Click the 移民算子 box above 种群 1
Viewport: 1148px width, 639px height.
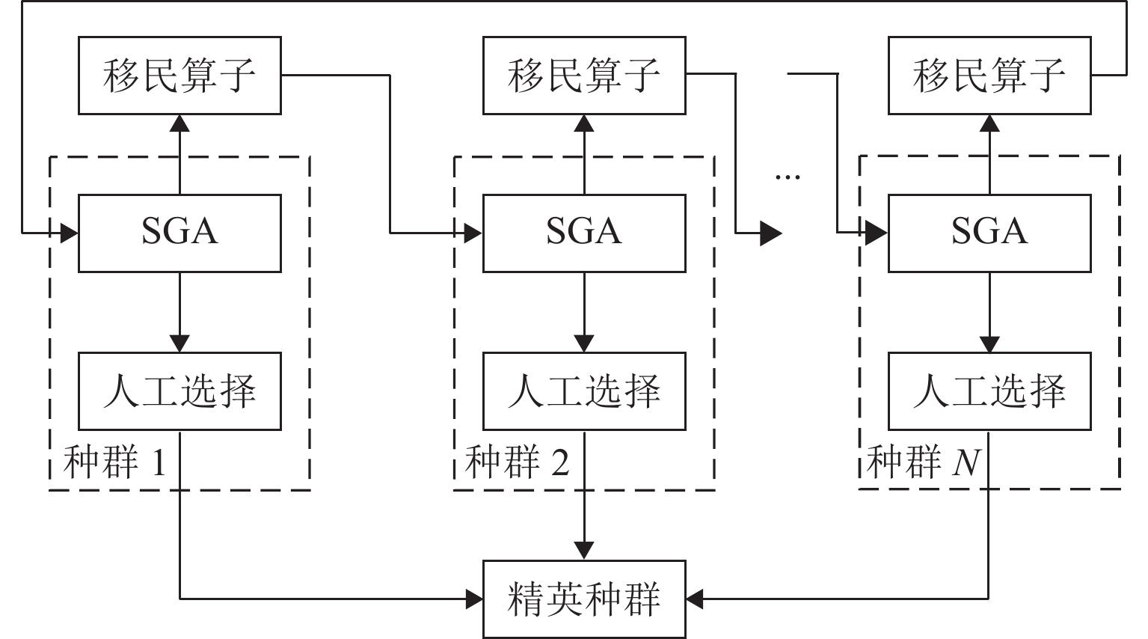(x=179, y=76)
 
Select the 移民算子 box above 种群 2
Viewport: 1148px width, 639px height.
(x=584, y=76)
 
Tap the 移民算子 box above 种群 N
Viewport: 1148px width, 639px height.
(x=989, y=76)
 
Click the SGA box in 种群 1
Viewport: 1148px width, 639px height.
(x=179, y=233)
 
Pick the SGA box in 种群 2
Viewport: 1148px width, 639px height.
(x=584, y=233)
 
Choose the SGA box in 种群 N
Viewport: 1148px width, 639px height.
(x=989, y=233)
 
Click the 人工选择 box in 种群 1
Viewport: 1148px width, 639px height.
(x=179, y=391)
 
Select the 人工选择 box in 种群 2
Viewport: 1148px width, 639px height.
(x=584, y=391)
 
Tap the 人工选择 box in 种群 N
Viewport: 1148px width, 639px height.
(x=989, y=391)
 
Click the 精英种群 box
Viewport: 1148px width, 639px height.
(x=584, y=599)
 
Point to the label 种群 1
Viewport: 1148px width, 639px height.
(x=114, y=462)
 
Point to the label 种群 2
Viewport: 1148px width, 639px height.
(x=517, y=462)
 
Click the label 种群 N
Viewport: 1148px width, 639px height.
(x=924, y=462)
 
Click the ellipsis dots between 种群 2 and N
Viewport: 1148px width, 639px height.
(x=788, y=177)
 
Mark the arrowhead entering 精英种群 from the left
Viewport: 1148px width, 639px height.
(x=474, y=599)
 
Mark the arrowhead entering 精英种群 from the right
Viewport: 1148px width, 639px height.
(x=695, y=599)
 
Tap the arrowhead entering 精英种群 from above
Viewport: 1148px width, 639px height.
(x=584, y=551)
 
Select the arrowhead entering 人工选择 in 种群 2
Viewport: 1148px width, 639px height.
(x=584, y=343)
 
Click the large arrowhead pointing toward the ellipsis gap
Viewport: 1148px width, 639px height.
(x=771, y=233)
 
